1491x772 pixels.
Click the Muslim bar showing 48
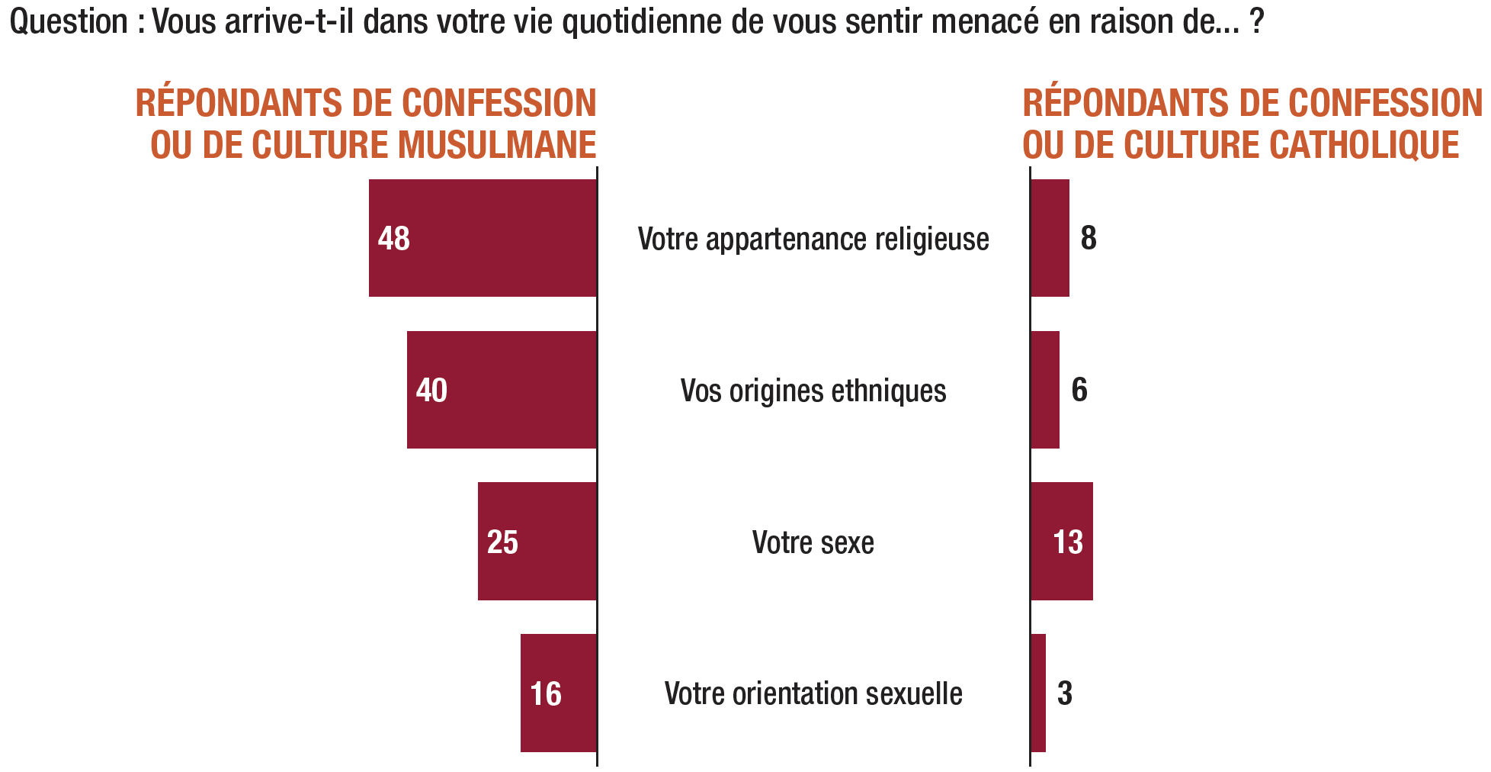(483, 238)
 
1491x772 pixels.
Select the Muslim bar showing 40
(502, 390)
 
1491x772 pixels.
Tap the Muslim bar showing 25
(537, 542)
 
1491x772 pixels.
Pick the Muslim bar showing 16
(559, 693)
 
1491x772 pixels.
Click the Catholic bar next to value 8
(1050, 238)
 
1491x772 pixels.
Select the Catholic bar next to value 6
(1045, 390)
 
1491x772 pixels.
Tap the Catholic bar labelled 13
(1062, 542)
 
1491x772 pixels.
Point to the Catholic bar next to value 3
(1038, 693)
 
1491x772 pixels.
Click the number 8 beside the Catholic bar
(1089, 238)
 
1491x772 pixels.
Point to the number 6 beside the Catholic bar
(1079, 390)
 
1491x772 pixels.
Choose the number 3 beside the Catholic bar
(1065, 693)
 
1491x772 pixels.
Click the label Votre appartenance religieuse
(813, 240)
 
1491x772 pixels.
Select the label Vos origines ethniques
(813, 391)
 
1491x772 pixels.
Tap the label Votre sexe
(813, 542)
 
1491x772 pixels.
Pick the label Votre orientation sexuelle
(813, 694)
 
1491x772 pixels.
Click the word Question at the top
(69, 23)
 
